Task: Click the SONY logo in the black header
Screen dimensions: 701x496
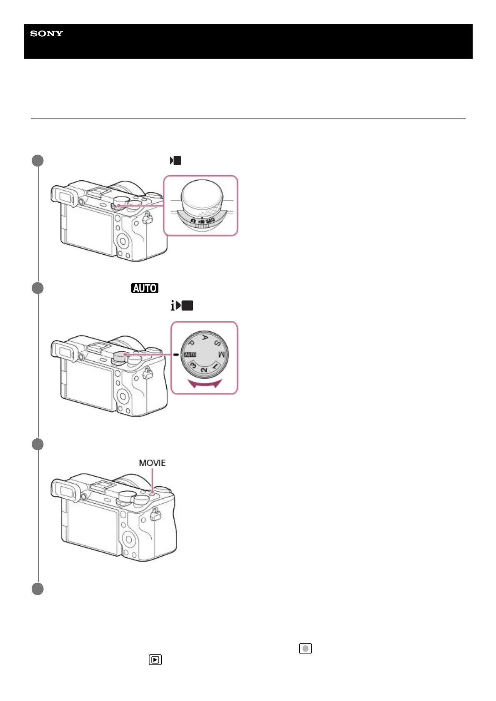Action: coord(47,34)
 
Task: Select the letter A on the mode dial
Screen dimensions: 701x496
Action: coord(205,338)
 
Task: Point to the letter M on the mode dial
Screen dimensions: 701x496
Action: coord(222,355)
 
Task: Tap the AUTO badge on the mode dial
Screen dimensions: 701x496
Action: coord(190,355)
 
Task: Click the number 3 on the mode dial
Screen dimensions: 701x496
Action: coord(193,365)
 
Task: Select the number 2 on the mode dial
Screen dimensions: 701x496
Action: coord(204,370)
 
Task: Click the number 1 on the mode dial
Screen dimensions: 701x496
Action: coord(215,366)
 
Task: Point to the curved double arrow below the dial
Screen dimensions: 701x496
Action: coord(204,383)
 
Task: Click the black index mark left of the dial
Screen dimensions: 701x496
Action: coord(176,355)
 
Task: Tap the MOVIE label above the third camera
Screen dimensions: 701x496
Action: coord(152,463)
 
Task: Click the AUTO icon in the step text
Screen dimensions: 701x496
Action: coord(145,288)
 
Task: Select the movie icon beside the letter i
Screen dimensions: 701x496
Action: coord(185,306)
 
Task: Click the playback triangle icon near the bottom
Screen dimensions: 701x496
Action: coord(155,660)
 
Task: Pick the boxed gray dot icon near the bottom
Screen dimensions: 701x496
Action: coord(306,649)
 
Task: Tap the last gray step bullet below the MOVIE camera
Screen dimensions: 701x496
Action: coord(38,589)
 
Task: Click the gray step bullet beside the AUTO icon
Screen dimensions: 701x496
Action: coord(38,288)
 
